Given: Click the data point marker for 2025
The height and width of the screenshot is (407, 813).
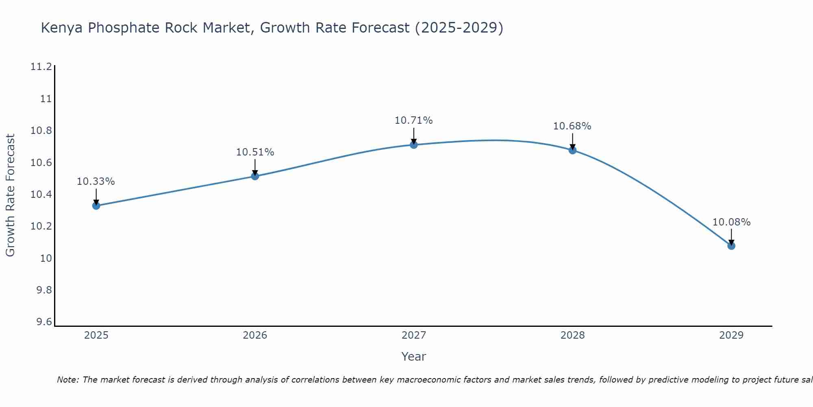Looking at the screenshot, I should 96,206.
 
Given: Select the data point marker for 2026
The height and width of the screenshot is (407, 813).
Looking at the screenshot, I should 255,176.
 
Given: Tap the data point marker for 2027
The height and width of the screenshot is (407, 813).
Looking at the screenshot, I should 414,144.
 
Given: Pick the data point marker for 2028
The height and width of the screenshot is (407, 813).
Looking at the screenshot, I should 572,150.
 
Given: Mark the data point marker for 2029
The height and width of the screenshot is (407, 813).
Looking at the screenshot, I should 731,246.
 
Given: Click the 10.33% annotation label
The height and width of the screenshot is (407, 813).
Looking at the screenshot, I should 96,182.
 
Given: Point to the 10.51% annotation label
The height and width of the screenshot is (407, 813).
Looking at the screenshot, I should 255,152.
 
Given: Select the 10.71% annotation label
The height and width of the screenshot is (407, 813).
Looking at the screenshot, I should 414,120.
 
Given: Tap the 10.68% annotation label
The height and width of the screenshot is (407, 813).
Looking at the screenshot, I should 572,126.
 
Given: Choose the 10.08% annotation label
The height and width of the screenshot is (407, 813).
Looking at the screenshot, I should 731,222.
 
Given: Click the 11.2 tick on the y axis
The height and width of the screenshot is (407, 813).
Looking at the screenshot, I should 41,67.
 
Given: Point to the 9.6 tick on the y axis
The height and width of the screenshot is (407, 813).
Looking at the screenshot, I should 44,322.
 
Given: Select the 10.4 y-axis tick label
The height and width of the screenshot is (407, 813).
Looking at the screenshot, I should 41,195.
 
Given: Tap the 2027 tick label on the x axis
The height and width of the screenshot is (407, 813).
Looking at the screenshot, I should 414,335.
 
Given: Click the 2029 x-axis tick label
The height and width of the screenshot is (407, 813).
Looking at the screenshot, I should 731,335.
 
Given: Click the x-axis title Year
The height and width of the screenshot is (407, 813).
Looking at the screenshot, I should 414,357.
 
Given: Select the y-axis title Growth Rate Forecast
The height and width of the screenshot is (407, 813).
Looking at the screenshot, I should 10,195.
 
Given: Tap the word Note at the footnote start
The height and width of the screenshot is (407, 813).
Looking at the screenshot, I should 68,380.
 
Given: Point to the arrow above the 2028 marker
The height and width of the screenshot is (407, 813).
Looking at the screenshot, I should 572,141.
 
